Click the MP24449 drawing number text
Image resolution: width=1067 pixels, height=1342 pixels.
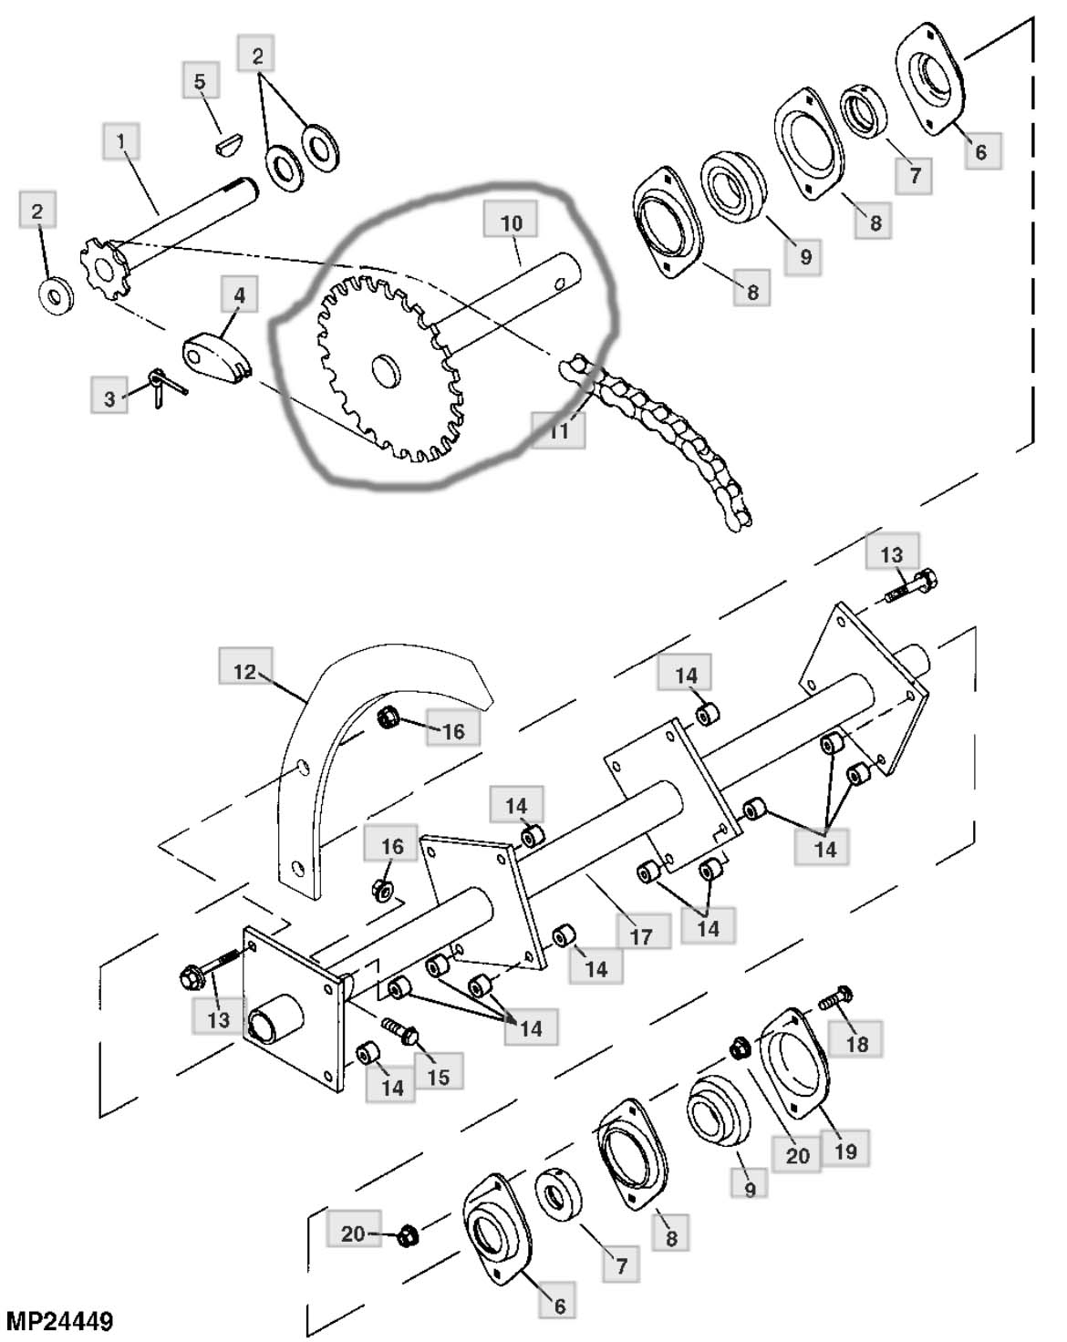pyautogui.click(x=59, y=1319)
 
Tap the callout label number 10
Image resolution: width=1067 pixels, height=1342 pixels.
pyautogui.click(x=511, y=222)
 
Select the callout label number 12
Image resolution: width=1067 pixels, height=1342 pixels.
pyautogui.click(x=244, y=672)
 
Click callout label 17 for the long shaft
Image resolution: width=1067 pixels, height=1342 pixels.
pyautogui.click(x=641, y=935)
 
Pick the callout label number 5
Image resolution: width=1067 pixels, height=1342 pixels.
pyautogui.click(x=200, y=82)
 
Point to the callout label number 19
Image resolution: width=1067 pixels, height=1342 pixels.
pyautogui.click(x=844, y=1151)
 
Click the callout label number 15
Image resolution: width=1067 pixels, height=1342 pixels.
pyautogui.click(x=438, y=1077)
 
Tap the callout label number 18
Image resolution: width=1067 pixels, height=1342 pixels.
pyautogui.click(x=857, y=1044)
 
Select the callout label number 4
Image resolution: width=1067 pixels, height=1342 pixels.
pyautogui.click(x=240, y=296)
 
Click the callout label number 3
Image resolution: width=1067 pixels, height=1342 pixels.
pyautogui.click(x=110, y=398)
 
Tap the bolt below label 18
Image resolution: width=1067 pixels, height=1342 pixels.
pyautogui.click(x=834, y=996)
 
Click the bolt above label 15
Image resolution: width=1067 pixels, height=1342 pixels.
pyautogui.click(x=399, y=1030)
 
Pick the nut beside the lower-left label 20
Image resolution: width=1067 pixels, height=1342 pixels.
pyautogui.click(x=406, y=1237)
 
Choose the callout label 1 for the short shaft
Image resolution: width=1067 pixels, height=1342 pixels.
pyautogui.click(x=121, y=142)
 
